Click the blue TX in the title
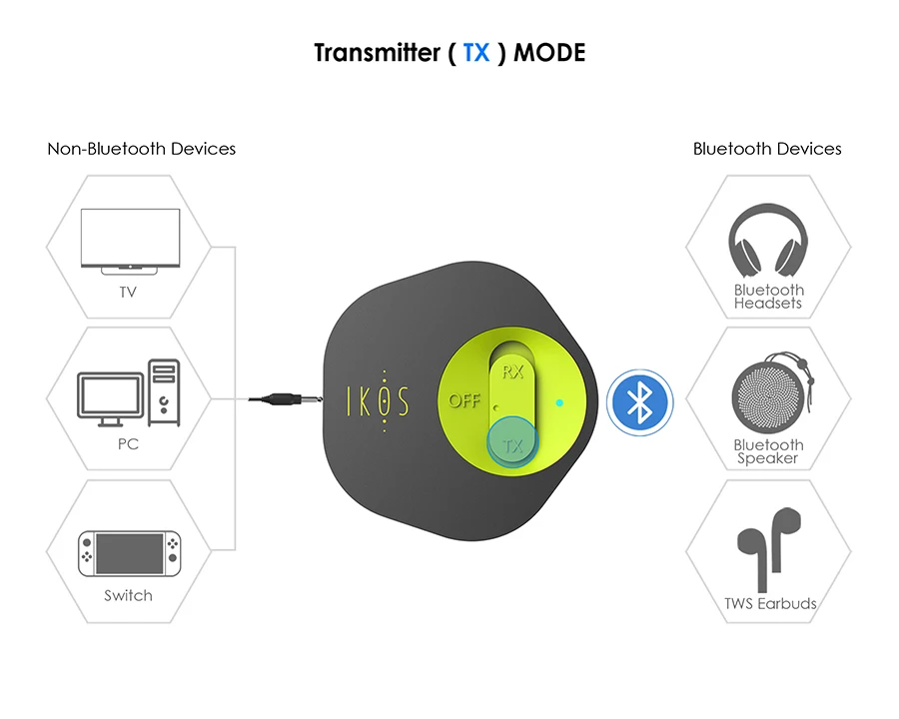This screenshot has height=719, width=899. (x=476, y=53)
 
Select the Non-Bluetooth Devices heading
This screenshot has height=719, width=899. (x=142, y=149)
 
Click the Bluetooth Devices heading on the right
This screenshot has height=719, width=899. (x=767, y=149)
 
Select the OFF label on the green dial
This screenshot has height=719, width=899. (x=464, y=401)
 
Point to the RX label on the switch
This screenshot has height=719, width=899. (x=512, y=372)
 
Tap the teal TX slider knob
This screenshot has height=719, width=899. (x=512, y=443)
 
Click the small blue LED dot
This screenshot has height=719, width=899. (x=559, y=403)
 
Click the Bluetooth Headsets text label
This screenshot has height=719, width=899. (x=768, y=297)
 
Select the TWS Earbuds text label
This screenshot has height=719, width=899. (x=770, y=603)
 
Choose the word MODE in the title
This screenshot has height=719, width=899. (x=548, y=53)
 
